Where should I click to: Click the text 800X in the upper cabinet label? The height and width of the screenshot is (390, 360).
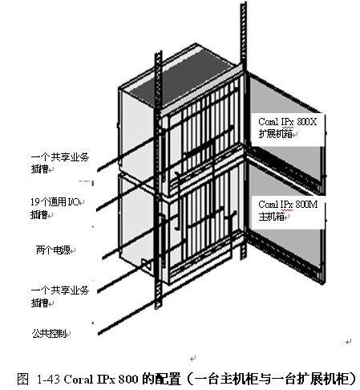(306, 122)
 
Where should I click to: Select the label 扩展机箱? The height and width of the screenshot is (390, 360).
(275, 133)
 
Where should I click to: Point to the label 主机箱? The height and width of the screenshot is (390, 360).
(271, 217)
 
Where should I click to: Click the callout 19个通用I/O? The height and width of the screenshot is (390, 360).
(55, 201)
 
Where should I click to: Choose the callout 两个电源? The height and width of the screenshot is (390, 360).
(53, 250)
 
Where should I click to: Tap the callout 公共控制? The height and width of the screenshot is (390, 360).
(49, 334)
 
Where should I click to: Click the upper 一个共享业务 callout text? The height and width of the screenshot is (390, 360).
(60, 156)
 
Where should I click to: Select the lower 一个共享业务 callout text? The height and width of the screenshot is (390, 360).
(60, 290)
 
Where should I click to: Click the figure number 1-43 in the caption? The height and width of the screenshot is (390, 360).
(48, 379)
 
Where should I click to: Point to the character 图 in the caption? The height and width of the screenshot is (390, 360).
(22, 379)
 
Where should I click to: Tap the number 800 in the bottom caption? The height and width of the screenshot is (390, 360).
(128, 379)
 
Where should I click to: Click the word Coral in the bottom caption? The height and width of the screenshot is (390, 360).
(79, 379)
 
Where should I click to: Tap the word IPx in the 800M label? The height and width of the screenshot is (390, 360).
(287, 205)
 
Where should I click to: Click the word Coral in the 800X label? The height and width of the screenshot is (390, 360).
(269, 122)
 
